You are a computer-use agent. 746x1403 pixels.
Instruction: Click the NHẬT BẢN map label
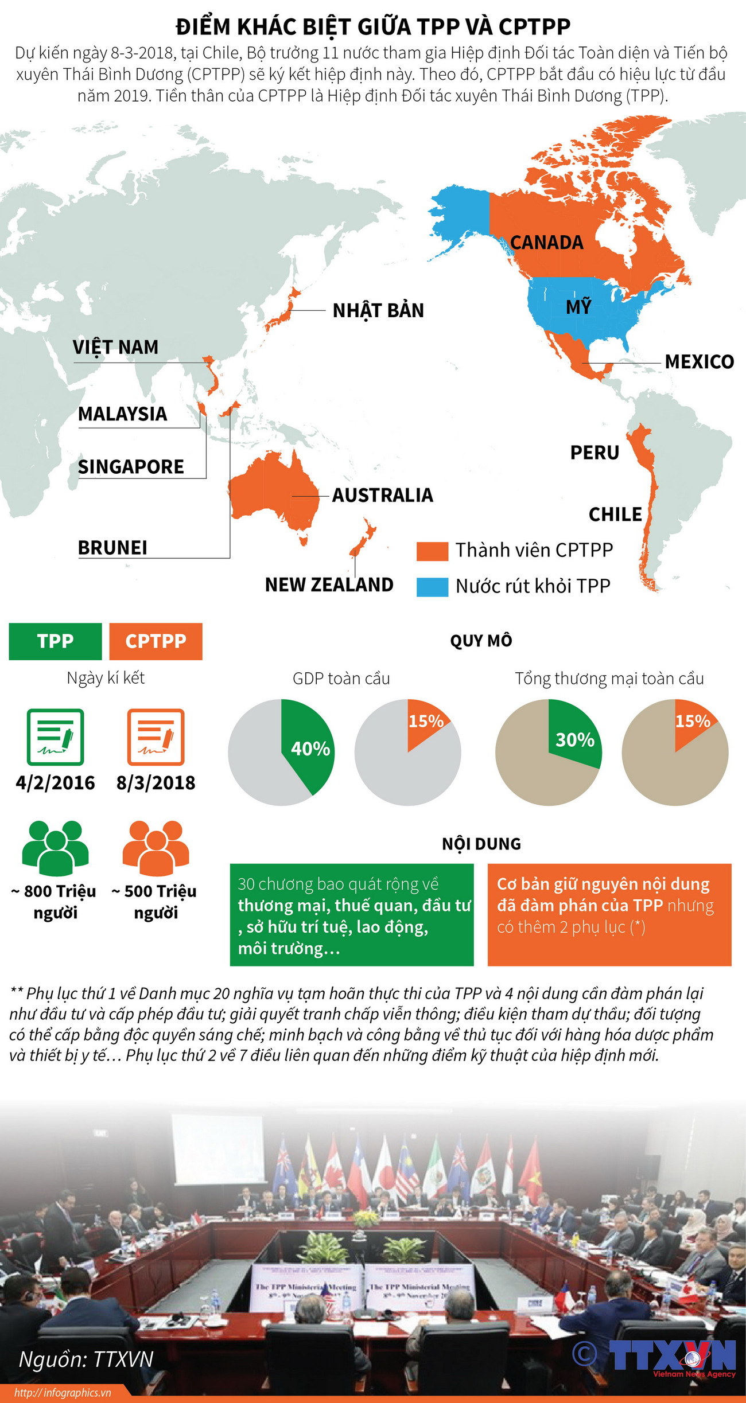378,310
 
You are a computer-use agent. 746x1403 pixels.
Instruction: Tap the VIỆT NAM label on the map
115,347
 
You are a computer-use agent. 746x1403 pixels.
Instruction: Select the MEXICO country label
699,361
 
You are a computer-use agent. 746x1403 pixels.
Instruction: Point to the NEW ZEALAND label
329,584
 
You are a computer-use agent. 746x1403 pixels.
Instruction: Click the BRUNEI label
112,547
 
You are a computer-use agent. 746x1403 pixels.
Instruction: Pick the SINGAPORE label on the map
131,466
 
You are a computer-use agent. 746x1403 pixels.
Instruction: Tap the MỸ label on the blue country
578,307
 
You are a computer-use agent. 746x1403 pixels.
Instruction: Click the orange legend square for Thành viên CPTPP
432,551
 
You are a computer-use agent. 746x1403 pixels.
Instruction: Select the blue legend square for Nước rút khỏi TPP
432,587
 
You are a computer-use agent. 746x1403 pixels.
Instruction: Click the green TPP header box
55,641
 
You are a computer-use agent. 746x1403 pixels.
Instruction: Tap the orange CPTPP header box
156,641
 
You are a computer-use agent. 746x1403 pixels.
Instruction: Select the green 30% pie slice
574,737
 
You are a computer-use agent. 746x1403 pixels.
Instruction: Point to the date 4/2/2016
55,782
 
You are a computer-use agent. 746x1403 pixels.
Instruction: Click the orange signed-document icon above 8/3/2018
156,736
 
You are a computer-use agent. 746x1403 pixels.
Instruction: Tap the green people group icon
55,847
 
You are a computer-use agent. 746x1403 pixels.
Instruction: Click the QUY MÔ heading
481,641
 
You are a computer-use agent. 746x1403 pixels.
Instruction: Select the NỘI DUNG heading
481,844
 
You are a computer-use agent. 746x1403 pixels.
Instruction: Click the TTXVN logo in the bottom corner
671,1356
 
